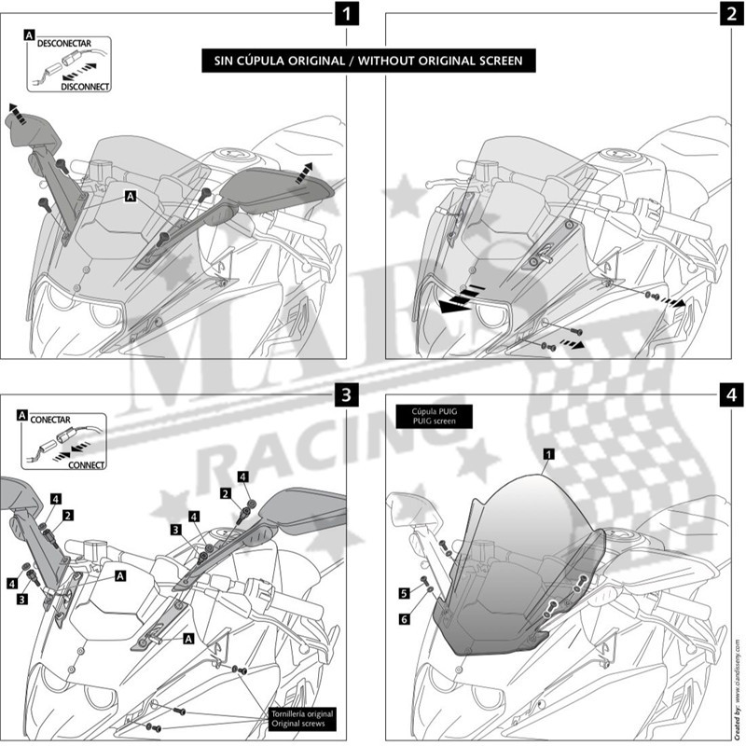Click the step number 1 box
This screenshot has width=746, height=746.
347,14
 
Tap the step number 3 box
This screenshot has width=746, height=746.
347,394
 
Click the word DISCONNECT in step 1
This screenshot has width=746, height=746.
85,86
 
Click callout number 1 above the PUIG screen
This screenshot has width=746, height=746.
548,453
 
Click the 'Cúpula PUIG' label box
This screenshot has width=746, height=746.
432,415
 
